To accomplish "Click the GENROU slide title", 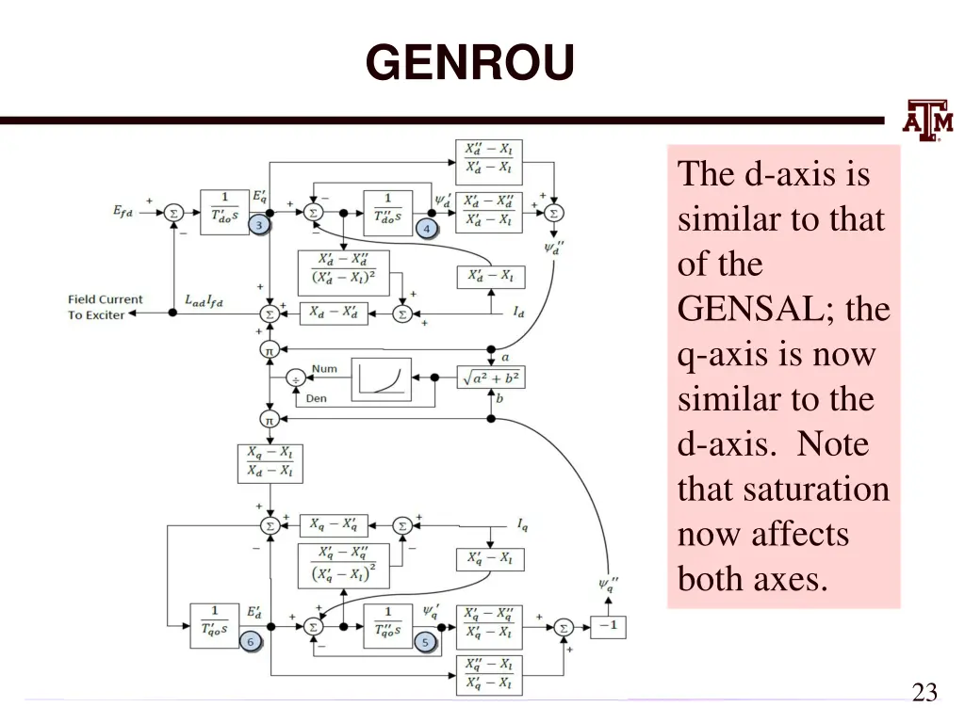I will tap(469, 64).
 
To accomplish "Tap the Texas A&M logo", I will tap(928, 120).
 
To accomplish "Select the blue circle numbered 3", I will tap(259, 226).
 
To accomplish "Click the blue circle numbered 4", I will tap(426, 229).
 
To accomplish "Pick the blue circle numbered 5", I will tap(425, 642).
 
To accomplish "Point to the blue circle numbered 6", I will tap(251, 642).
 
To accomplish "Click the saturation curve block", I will tap(382, 379).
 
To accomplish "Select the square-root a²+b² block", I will tap(490, 378).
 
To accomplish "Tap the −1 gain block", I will tap(608, 626).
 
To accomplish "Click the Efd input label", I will tap(124, 212).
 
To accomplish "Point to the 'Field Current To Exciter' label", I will tap(105, 307).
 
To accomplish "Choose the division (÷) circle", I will tap(294, 378).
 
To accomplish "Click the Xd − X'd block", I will tap(334, 313).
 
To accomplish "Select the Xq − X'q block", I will tap(334, 525).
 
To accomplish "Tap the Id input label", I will tap(519, 313).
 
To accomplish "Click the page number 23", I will tap(924, 693).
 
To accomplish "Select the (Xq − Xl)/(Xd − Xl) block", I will tap(270, 462).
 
